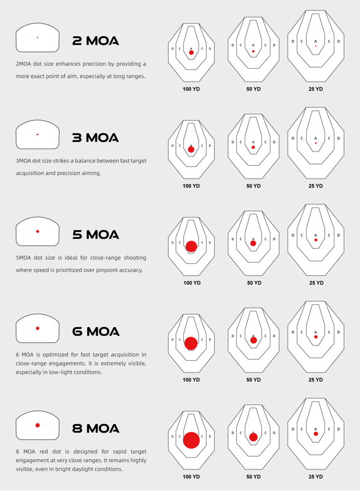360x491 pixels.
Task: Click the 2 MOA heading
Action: click(96, 41)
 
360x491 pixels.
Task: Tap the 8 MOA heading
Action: click(96, 428)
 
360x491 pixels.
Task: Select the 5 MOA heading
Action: click(96, 234)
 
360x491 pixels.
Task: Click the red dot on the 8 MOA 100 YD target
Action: click(191, 440)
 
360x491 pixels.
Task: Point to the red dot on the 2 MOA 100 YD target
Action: click(191, 53)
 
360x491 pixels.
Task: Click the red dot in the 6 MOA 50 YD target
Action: click(253, 340)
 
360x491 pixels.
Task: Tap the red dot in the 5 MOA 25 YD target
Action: click(316, 240)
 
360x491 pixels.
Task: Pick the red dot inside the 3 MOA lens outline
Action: click(37, 134)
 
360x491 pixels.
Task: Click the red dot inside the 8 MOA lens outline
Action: click(37, 425)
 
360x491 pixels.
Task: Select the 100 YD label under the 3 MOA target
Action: click(191, 186)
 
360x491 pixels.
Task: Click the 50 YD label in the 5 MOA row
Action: click(255, 283)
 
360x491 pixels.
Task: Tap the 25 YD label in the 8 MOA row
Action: click(316, 477)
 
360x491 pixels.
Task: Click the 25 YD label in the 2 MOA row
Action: click(316, 89)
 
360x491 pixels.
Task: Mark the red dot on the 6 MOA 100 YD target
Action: click(191, 344)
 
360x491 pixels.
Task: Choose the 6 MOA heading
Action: click(96, 331)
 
